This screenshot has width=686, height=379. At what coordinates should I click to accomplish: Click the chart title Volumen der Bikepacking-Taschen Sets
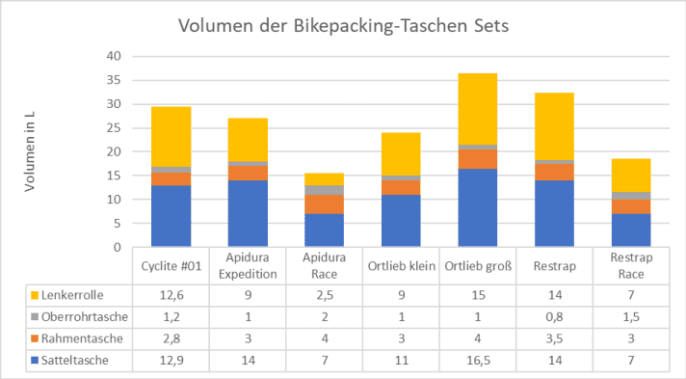343,26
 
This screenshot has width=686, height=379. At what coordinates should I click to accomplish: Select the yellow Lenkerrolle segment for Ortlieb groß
477,109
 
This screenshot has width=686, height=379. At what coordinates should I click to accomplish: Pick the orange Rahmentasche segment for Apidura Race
324,203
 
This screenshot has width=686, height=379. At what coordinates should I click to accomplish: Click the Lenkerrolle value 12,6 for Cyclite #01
171,294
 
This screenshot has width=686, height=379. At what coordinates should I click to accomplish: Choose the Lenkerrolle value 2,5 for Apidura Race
324,294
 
